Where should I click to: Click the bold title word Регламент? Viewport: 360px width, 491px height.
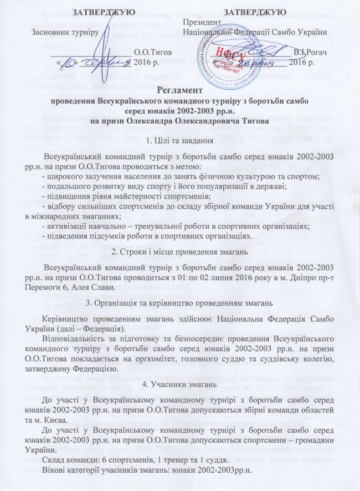(x=179, y=91)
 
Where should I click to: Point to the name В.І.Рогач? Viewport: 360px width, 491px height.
(x=311, y=52)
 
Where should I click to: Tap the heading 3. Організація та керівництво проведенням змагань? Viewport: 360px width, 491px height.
(x=179, y=303)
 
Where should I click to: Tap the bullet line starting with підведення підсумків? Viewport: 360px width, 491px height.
(x=148, y=236)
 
